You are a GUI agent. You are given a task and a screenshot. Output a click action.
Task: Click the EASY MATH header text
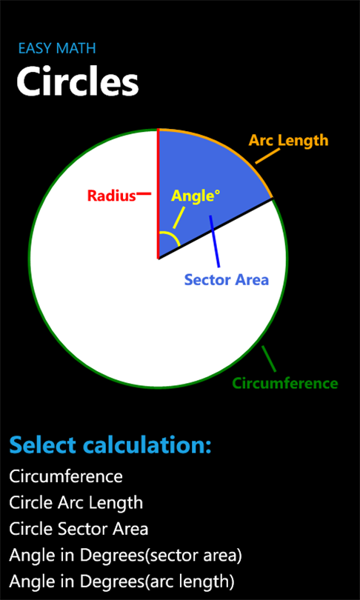[x=57, y=48]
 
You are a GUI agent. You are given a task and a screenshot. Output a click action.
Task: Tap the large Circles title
[x=77, y=82]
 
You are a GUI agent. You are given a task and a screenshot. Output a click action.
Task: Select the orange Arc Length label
[x=288, y=141]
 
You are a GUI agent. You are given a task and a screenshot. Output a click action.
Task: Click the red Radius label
[x=112, y=196]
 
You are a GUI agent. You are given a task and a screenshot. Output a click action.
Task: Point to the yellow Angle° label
[x=196, y=196]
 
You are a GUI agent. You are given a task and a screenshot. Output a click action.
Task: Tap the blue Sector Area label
[x=227, y=279]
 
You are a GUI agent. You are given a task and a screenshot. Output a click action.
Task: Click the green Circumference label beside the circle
[x=285, y=383]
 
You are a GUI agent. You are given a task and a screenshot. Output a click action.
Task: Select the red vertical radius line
[x=158, y=194]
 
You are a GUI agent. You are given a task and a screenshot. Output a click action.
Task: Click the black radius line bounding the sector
[x=216, y=229]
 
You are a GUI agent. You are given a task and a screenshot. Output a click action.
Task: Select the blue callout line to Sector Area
[x=214, y=241]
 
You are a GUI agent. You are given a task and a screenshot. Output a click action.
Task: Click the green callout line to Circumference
[x=269, y=359]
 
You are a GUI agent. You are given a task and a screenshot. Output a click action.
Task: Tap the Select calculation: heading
[x=110, y=444]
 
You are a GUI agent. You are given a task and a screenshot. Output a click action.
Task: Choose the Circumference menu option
[x=66, y=477]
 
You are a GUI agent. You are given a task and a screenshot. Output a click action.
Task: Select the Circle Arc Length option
[x=76, y=503]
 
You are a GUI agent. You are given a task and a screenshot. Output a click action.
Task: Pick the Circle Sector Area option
[x=79, y=529]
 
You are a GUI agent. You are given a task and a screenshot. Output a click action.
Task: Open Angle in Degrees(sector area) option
[x=125, y=556]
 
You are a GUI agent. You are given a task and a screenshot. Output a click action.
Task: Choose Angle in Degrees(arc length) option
[x=121, y=582]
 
